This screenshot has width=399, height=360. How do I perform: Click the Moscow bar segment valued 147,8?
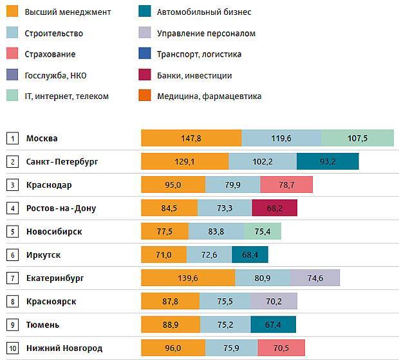pyautogui.click(x=191, y=138)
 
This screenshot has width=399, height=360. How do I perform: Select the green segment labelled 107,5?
pyautogui.click(x=357, y=138)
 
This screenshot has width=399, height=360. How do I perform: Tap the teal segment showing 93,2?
pyautogui.click(x=328, y=161)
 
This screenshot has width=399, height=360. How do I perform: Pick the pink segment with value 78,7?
pyautogui.click(x=286, y=185)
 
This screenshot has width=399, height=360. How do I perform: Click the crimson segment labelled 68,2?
pyautogui.click(x=275, y=208)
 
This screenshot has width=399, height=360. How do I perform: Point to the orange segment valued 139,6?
pyautogui.click(x=188, y=278)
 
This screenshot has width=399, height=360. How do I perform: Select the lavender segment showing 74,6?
pyautogui.click(x=315, y=278)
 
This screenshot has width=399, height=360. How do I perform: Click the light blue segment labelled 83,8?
pyautogui.click(x=216, y=231)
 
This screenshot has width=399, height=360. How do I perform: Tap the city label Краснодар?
pyautogui.click(x=49, y=185)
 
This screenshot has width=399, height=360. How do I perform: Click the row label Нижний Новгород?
pyautogui.click(x=64, y=348)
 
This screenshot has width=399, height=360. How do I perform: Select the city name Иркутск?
pyautogui.click(x=44, y=255)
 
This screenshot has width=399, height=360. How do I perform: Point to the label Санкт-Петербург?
pyautogui.click(x=62, y=162)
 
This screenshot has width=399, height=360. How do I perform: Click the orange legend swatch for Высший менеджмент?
pyautogui.click(x=12, y=12)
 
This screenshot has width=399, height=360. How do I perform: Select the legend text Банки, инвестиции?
pyautogui.click(x=194, y=75)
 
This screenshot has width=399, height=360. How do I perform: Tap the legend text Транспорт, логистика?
pyautogui.click(x=199, y=54)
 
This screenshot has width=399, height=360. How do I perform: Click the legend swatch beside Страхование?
pyautogui.click(x=12, y=54)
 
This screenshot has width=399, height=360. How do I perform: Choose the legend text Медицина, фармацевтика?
pyautogui.click(x=209, y=96)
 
